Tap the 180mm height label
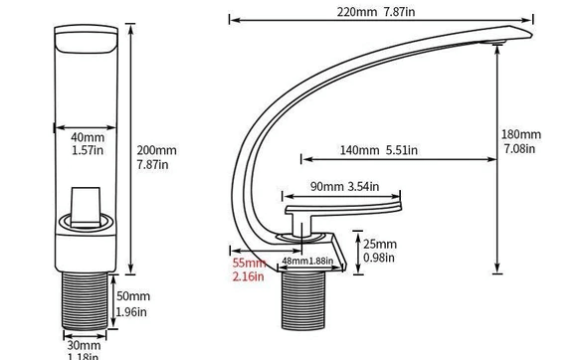click(x=521, y=134)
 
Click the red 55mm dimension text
click(x=249, y=263)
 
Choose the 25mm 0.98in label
click(x=379, y=244)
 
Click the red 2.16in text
click(x=249, y=276)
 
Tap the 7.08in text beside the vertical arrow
click(x=519, y=149)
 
